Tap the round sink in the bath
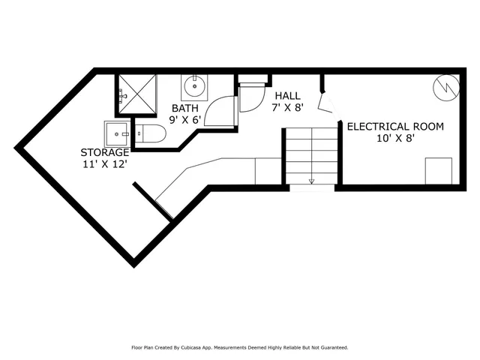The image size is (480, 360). click(195, 86)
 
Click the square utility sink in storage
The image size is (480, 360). click(118, 133)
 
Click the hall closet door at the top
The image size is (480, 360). click(252, 97)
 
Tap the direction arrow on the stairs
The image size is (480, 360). click(311, 180)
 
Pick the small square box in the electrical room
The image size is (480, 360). click(438, 170)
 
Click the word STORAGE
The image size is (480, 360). click(105, 152)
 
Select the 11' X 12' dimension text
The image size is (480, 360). click(105, 164)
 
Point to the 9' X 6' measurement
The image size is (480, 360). click(184, 118)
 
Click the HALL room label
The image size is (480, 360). click(287, 96)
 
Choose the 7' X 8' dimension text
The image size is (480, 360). click(287, 108)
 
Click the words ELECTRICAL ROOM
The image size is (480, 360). click(394, 126)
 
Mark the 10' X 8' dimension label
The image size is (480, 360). click(394, 138)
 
